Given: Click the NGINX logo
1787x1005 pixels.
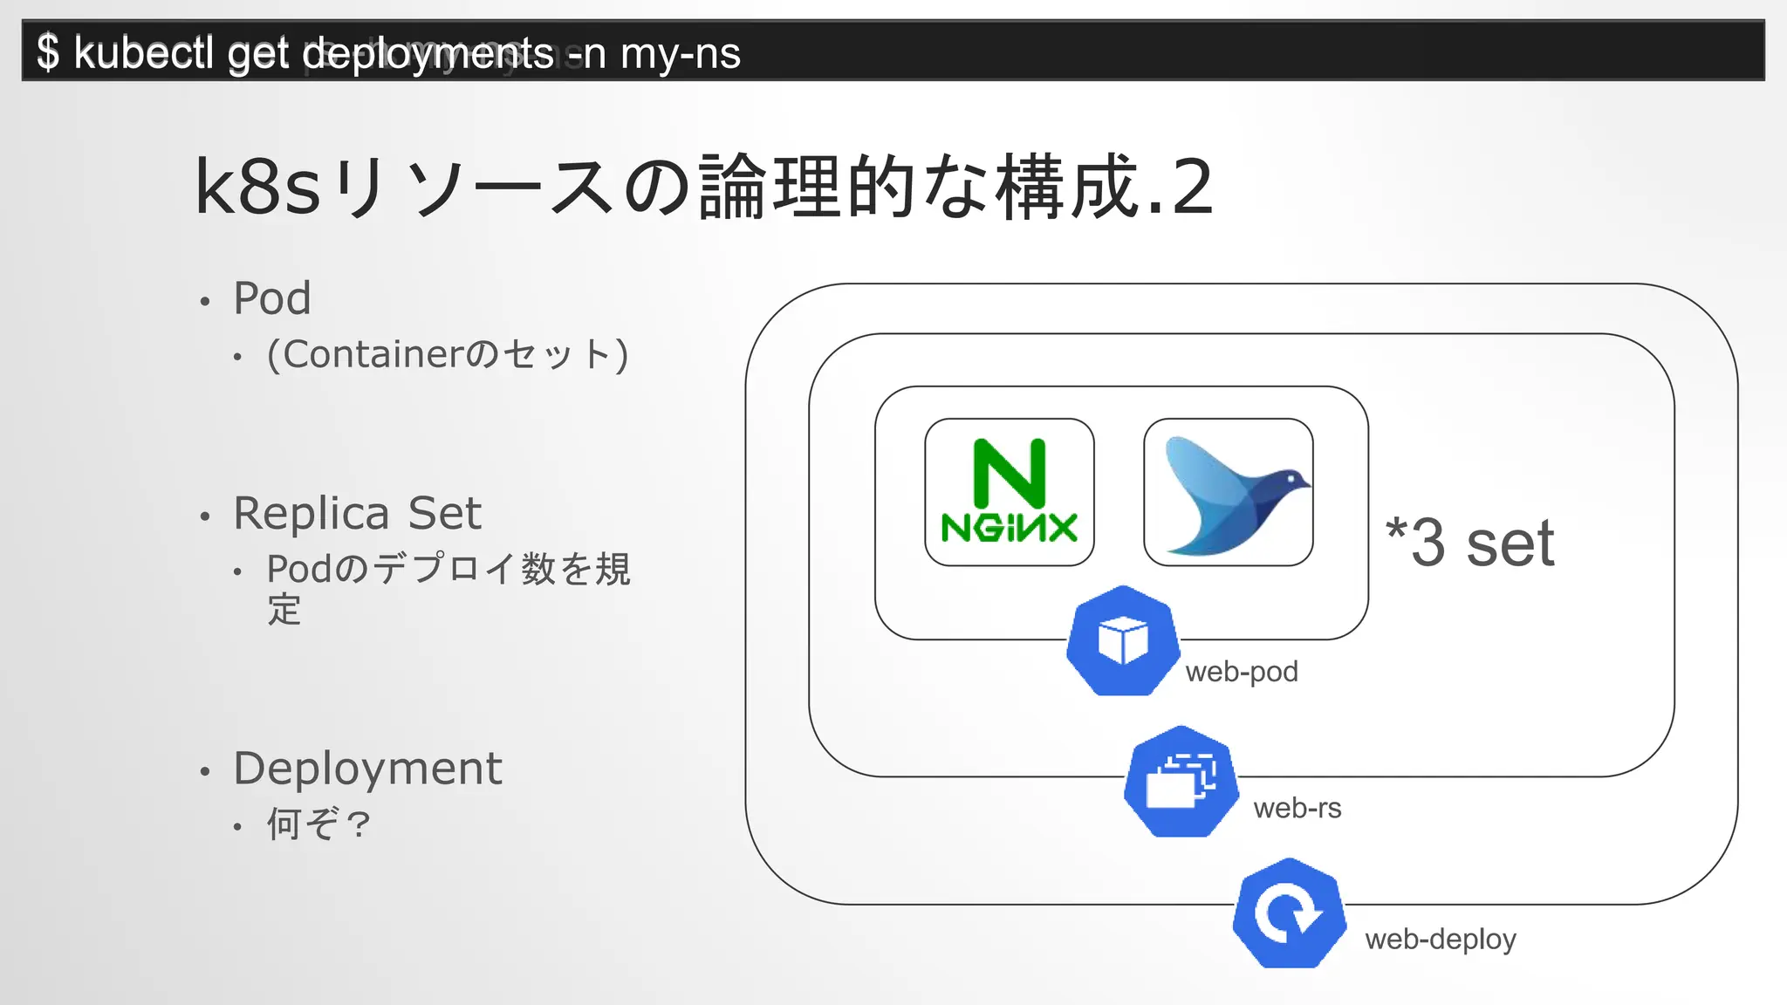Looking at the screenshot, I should point(1010,492).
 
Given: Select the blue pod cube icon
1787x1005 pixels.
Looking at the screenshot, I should point(1123,641).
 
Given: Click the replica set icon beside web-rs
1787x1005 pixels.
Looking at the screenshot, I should point(1181,782).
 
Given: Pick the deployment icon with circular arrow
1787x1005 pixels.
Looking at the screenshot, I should point(1289,913).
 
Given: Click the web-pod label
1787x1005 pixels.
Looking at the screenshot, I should point(1242,672).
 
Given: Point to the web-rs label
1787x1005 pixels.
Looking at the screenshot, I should point(1297,809).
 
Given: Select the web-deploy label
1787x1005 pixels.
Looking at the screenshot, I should point(1441,940).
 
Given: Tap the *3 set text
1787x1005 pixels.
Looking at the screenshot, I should point(1470,543).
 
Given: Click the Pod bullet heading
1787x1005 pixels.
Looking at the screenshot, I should point(272,298).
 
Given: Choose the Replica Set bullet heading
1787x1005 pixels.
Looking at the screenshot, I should point(357,513).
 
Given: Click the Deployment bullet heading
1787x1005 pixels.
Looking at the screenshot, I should point(367,769).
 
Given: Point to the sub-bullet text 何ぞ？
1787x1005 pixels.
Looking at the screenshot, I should point(318,824).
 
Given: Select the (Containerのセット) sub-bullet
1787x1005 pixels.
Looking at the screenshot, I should point(448,355).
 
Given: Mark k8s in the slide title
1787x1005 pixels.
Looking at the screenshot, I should point(258,188).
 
